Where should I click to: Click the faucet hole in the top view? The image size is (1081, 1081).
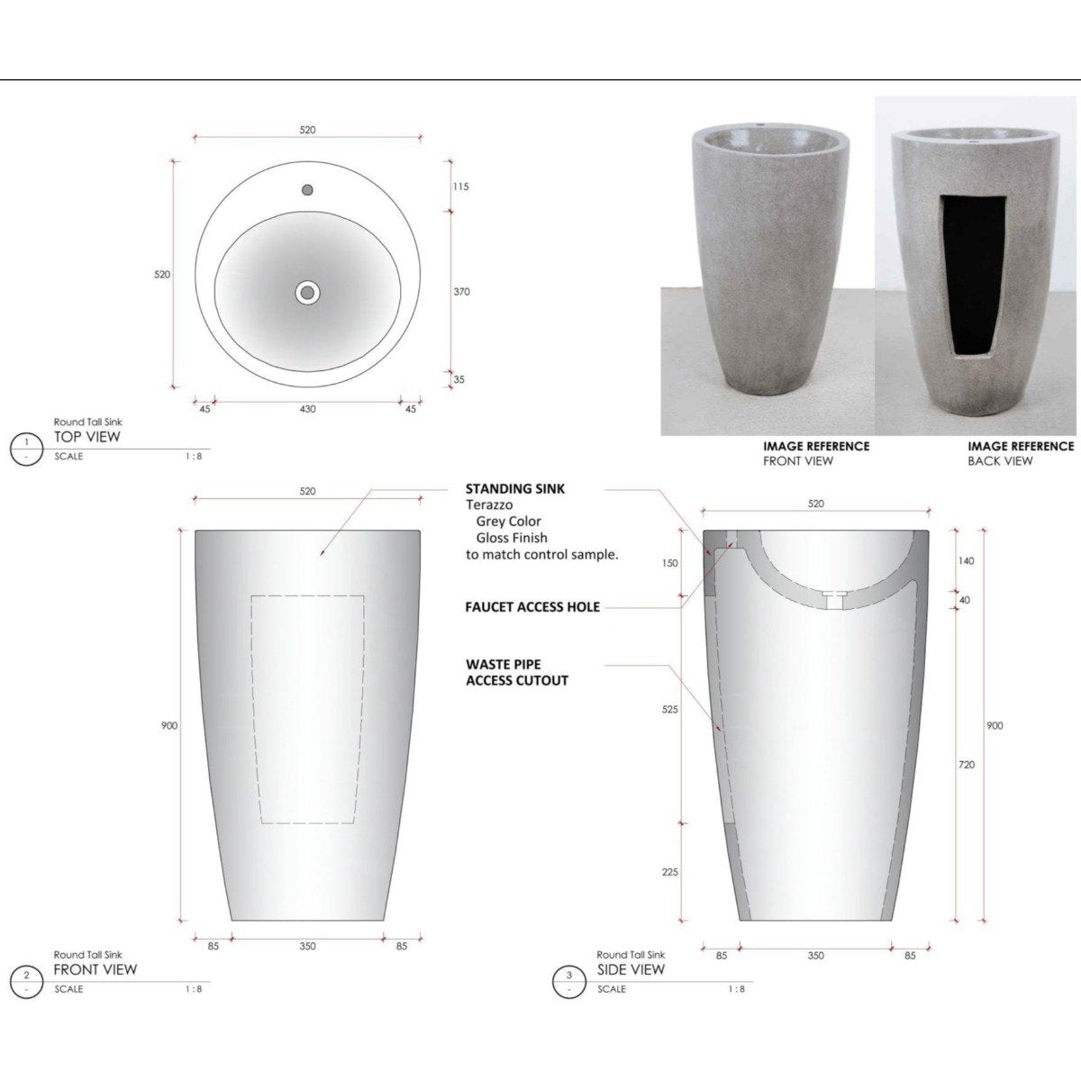pos(307,190)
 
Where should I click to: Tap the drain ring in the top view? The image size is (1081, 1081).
pos(307,292)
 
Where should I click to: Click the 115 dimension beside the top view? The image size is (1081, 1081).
pos(460,187)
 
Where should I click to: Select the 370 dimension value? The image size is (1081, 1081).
pos(460,292)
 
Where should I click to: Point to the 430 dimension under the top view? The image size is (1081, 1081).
pos(307,409)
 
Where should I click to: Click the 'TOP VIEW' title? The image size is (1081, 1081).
pos(87,437)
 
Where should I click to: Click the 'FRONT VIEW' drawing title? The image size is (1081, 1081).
pos(95,970)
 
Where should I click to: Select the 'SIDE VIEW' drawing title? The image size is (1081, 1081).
pos(631,970)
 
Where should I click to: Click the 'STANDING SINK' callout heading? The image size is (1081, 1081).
pos(515,488)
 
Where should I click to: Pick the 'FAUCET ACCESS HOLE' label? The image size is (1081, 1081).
pos(532,607)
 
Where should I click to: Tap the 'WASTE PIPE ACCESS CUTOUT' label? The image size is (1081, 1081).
pos(517,672)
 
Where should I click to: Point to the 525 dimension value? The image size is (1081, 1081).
pos(669,710)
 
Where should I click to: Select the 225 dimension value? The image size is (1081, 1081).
pos(669,872)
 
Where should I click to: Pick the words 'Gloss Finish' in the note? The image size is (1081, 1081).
pos(512,538)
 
